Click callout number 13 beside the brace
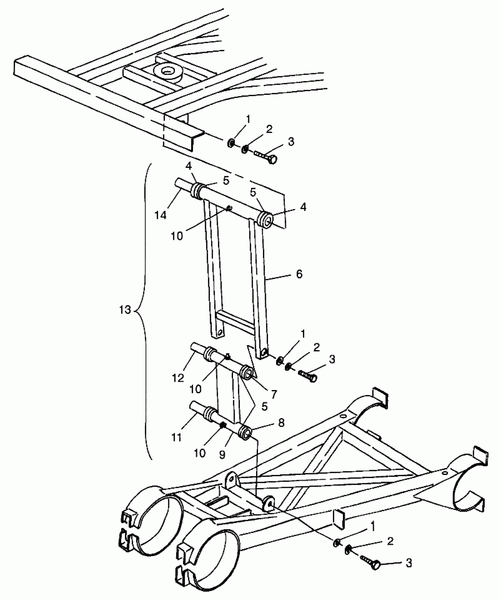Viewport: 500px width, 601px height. pyautogui.click(x=125, y=310)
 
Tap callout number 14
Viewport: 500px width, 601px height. pyautogui.click(x=161, y=215)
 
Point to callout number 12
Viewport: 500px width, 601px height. pyautogui.click(x=178, y=378)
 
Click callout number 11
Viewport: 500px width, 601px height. pyautogui.click(x=176, y=437)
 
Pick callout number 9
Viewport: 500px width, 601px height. pyautogui.click(x=222, y=454)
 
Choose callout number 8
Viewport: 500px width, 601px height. pyautogui.click(x=281, y=423)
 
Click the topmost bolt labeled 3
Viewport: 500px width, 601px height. pyautogui.click(x=266, y=157)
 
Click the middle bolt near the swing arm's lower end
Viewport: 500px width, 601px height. pyautogui.click(x=308, y=375)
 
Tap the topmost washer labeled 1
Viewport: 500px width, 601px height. pyautogui.click(x=231, y=143)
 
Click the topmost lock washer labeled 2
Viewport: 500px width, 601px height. pyautogui.click(x=244, y=149)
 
